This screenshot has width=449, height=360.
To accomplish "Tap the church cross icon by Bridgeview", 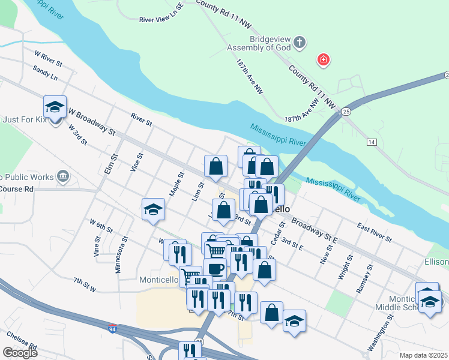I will tap(300, 43).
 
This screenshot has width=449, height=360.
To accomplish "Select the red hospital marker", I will tap(323, 59).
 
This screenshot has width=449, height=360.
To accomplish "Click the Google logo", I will tap(20, 353).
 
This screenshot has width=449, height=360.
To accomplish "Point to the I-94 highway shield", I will tap(113, 329).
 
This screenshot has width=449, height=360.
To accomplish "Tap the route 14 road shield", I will tap(372, 142).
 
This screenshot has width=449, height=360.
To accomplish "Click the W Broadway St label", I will tap(91, 120).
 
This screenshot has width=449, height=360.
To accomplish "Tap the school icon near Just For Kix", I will tap(55, 106).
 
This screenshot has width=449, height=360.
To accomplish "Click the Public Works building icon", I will tap(63, 176).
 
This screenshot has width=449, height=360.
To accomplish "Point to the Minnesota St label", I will tap(121, 254).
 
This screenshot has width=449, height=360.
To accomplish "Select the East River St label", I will tap(375, 233).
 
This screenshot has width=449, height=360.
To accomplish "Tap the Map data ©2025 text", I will tap(424, 355).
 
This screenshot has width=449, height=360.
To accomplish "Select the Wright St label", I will tap(346, 270).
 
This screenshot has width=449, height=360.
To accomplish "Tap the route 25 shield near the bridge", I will tap(346, 112).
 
